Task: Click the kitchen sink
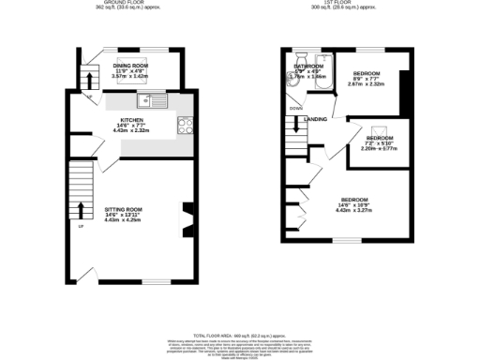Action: tap(150, 100)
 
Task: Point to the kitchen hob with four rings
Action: tap(184, 124)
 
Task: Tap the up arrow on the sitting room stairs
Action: tap(80, 209)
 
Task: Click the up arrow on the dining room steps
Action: tap(88, 77)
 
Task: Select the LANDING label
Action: tap(316, 119)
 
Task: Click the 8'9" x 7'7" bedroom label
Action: tap(367, 73)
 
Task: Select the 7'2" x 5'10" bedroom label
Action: tap(380, 139)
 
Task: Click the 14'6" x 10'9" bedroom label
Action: tap(354, 200)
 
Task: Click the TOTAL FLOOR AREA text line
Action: tap(240, 334)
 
